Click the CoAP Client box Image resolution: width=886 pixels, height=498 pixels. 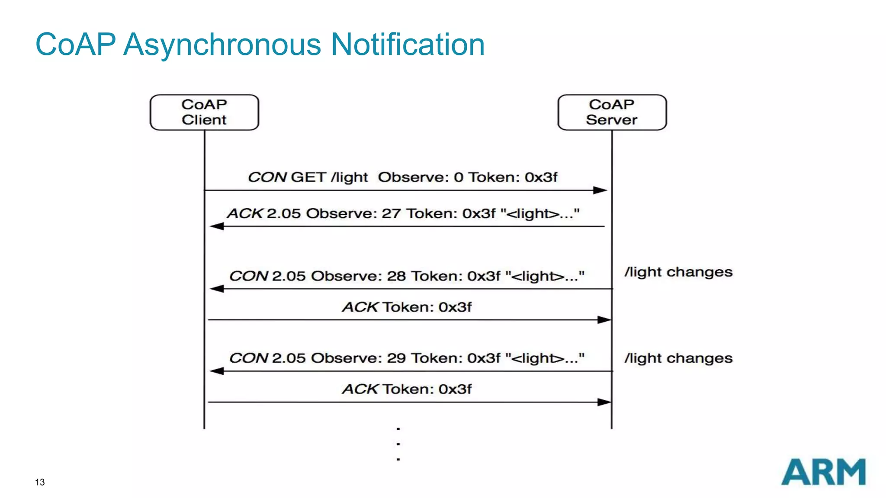[204, 112]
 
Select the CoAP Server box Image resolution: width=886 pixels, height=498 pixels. [612, 112]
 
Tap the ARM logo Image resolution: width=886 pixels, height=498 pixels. [823, 472]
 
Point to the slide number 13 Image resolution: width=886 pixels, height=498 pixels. [40, 482]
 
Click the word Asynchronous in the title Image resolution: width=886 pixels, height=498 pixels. [222, 45]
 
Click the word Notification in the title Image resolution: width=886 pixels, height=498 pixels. [408, 45]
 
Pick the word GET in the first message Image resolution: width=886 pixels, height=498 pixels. [308, 177]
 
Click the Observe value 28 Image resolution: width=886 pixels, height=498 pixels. [396, 276]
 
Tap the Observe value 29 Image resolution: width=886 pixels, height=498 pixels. [396, 358]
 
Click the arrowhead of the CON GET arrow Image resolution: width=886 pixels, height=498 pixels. [600, 190]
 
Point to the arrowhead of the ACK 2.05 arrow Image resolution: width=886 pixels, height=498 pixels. [216, 227]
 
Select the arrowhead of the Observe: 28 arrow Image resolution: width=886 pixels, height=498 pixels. [216, 289]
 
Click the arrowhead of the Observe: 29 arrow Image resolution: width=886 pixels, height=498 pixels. [216, 371]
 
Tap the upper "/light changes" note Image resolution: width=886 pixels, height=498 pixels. [678, 272]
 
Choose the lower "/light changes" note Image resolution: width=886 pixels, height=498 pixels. [678, 358]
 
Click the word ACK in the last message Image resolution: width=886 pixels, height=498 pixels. [360, 389]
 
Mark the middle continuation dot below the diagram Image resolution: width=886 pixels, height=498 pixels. [398, 444]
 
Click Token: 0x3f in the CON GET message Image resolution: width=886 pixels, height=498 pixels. [513, 177]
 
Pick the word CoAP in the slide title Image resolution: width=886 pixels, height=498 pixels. [76, 45]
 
